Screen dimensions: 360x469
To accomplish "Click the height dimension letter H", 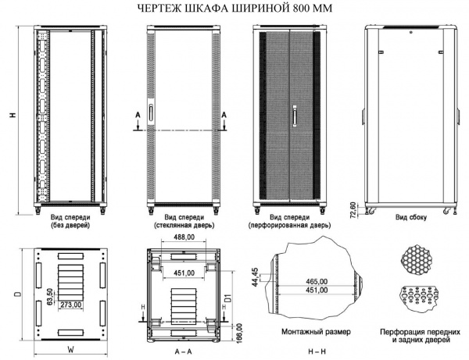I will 12,116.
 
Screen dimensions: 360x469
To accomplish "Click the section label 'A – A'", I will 183,351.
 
